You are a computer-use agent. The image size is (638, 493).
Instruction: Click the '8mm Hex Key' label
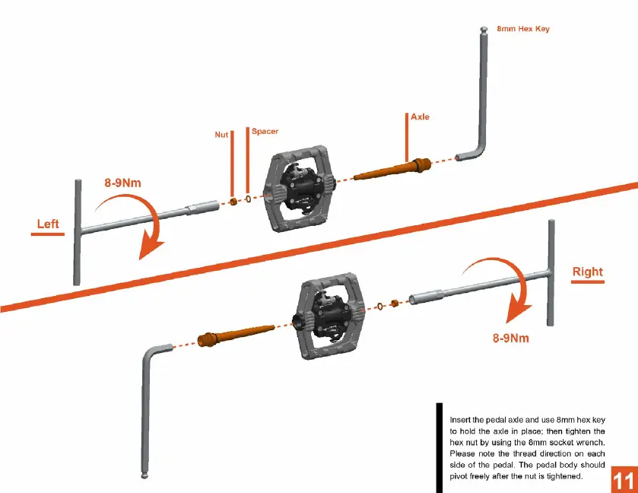(x=522, y=29)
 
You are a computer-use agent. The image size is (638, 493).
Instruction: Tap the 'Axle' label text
(x=420, y=117)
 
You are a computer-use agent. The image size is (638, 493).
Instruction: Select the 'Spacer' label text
(x=265, y=132)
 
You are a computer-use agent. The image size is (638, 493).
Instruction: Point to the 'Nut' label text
(x=221, y=135)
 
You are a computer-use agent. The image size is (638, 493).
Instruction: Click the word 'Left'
(x=49, y=224)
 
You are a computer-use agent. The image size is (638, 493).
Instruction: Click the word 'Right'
(x=587, y=272)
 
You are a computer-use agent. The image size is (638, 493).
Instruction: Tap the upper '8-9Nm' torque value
(x=123, y=183)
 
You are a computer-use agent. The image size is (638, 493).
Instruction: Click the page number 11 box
(x=622, y=481)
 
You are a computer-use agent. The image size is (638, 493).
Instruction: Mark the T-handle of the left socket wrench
(x=78, y=231)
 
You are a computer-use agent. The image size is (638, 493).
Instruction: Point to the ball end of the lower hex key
(x=143, y=476)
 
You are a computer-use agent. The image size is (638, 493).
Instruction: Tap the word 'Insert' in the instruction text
(x=460, y=419)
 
